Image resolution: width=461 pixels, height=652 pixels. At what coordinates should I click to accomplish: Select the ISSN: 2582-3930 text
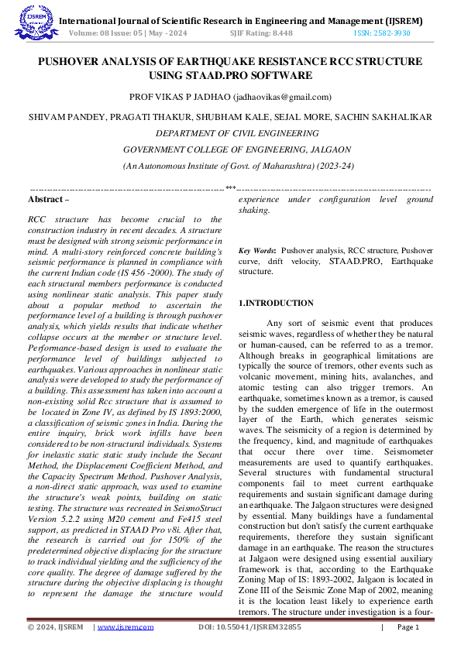pyautogui.click(x=382, y=33)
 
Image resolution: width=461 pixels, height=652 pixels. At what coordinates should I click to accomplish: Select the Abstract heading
pyautogui.click(x=46, y=199)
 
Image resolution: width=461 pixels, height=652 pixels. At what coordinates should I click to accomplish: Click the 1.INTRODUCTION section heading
pyautogui.click(x=277, y=303)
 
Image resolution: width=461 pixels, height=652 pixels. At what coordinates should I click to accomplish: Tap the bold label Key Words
pyautogui.click(x=256, y=251)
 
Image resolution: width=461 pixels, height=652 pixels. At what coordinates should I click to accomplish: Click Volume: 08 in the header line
pyautogui.click(x=88, y=33)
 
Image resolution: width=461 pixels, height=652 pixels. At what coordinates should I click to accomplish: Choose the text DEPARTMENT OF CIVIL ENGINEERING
pyautogui.click(x=230, y=132)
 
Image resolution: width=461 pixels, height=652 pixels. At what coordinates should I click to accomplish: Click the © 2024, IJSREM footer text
pyautogui.click(x=55, y=627)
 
